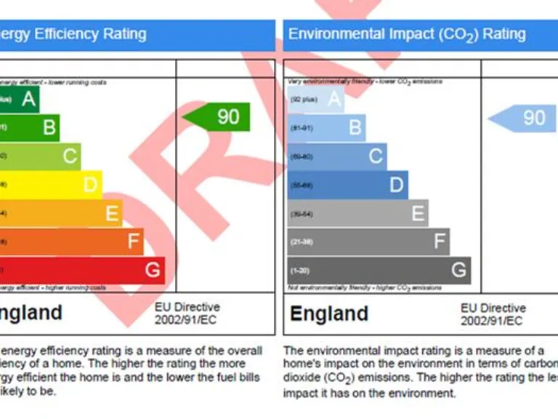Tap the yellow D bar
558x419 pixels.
[51, 185]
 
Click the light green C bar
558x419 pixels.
[40, 156]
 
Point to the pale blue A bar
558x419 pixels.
[316, 99]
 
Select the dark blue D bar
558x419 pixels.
[347, 185]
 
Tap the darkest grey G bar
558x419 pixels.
[379, 270]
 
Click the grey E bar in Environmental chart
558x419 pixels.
[357, 213]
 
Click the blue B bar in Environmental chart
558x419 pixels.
[326, 128]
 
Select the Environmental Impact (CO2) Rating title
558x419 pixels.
[407, 34]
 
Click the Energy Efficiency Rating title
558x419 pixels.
[73, 34]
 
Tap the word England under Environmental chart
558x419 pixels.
[329, 314]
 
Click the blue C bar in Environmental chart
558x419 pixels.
[337, 156]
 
